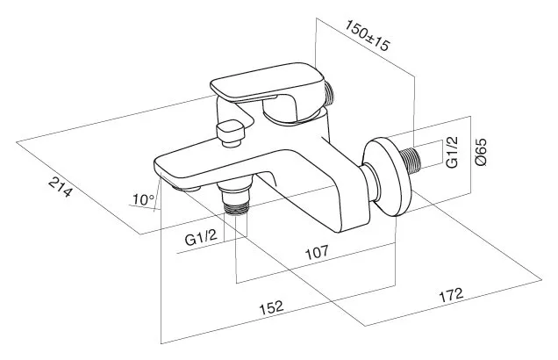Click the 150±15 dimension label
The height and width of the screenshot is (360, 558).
click(x=368, y=35)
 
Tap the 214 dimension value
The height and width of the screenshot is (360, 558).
click(x=61, y=188)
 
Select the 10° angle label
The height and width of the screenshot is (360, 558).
click(x=143, y=199)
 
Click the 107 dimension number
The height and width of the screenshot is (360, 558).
click(x=317, y=252)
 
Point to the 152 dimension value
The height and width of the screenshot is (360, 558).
click(x=271, y=307)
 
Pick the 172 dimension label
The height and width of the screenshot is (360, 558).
click(x=452, y=295)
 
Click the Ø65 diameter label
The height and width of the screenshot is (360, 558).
click(x=481, y=152)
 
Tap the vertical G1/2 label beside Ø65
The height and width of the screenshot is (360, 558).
click(x=453, y=152)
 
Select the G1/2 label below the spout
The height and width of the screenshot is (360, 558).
click(x=201, y=238)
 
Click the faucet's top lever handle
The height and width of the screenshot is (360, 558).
click(x=267, y=83)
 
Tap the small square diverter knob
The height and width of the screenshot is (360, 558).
click(x=231, y=131)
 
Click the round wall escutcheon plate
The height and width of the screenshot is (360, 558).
click(x=387, y=177)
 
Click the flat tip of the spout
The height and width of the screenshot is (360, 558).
click(x=161, y=168)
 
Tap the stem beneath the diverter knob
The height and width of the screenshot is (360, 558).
click(x=231, y=143)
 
